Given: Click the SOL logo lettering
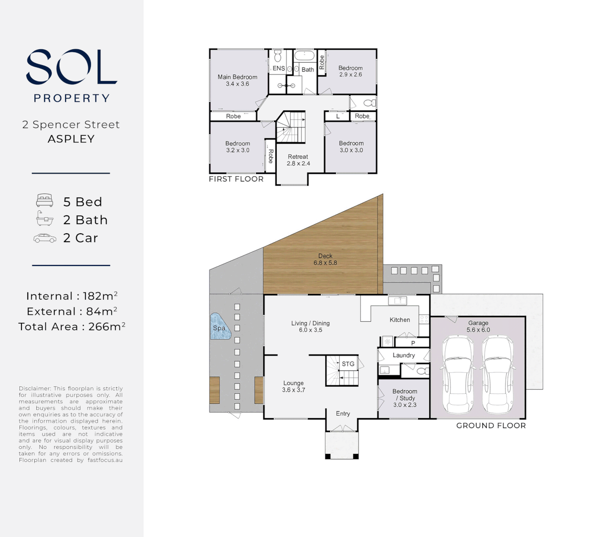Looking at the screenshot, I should coord(72,67).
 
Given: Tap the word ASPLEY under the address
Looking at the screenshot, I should coord(71,139).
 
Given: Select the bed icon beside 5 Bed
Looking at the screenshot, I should coord(45,201).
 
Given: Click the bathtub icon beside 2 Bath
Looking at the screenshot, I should coord(45,219).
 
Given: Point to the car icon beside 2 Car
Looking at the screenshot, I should coord(45,238).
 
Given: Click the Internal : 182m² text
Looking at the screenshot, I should coord(72,296).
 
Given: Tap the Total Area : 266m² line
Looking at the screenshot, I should coord(72,327).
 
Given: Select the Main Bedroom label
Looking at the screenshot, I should coord(237,80).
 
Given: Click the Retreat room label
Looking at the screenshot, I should coord(298,160).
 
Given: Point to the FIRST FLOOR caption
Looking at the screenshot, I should coord(236,179).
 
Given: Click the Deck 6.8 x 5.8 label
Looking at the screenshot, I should coord(325,260).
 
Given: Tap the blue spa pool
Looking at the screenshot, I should coord(219,326).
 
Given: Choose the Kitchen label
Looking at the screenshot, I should coord(400,320).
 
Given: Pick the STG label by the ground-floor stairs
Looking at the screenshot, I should coord(348,364).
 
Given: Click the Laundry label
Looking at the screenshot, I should coord(403,355).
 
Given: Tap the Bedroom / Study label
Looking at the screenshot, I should coord(405,398).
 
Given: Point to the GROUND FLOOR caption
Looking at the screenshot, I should coord(491,426).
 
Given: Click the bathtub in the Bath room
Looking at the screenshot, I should coord(304,56).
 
